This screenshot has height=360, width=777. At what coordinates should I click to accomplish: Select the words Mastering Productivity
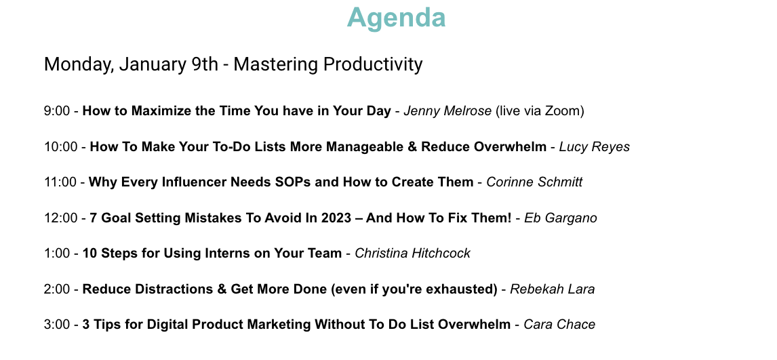click(x=328, y=65)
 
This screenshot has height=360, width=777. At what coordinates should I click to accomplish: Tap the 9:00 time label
click(x=57, y=111)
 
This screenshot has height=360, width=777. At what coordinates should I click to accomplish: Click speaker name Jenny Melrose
click(x=447, y=111)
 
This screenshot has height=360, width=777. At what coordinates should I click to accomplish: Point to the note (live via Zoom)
click(x=540, y=111)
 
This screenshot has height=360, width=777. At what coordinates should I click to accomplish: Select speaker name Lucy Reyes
click(x=595, y=147)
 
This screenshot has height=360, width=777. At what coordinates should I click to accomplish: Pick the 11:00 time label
click(x=60, y=182)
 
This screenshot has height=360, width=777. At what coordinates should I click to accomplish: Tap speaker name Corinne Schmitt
click(x=534, y=182)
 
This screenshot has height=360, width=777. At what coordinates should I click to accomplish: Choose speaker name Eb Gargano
click(x=561, y=218)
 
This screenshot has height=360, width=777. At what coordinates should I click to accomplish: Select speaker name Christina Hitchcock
click(x=412, y=254)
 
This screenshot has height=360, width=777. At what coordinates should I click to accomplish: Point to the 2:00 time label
click(x=57, y=289)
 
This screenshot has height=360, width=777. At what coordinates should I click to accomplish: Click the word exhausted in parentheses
click(x=465, y=289)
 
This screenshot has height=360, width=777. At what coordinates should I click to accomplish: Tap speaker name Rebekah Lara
click(x=552, y=289)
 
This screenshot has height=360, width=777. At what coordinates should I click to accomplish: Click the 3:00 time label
click(x=57, y=325)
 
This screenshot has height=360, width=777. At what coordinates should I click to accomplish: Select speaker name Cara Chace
click(x=559, y=325)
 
